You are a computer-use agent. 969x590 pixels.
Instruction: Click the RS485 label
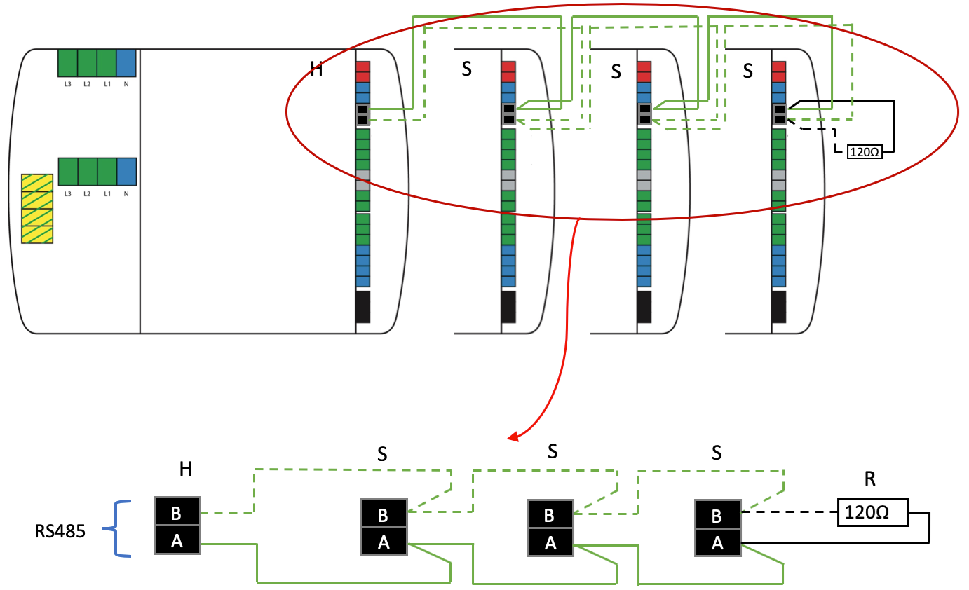click(60, 530)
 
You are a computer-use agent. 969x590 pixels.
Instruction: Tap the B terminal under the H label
click(177, 512)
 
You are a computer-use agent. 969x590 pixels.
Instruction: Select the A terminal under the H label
click(177, 541)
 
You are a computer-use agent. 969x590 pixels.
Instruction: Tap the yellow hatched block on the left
click(37, 208)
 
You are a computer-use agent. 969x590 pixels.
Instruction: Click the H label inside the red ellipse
click(316, 69)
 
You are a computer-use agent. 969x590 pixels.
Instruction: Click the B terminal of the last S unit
click(717, 516)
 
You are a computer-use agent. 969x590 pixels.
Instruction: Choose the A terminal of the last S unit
click(717, 543)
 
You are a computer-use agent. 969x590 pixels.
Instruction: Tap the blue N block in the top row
click(126, 62)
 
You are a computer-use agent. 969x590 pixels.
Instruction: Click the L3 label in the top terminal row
click(67, 84)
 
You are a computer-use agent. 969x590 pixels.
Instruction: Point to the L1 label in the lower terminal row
click(107, 193)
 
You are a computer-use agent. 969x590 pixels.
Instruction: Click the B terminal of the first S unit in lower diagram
click(383, 515)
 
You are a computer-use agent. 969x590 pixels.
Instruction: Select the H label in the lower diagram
click(186, 469)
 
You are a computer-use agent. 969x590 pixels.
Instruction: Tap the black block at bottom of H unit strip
click(363, 307)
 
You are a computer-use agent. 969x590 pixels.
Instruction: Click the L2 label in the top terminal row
click(87, 84)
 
